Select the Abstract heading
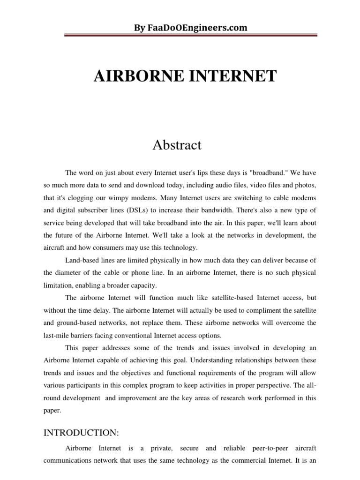pos(177,145)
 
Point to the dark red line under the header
pos(180,37)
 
